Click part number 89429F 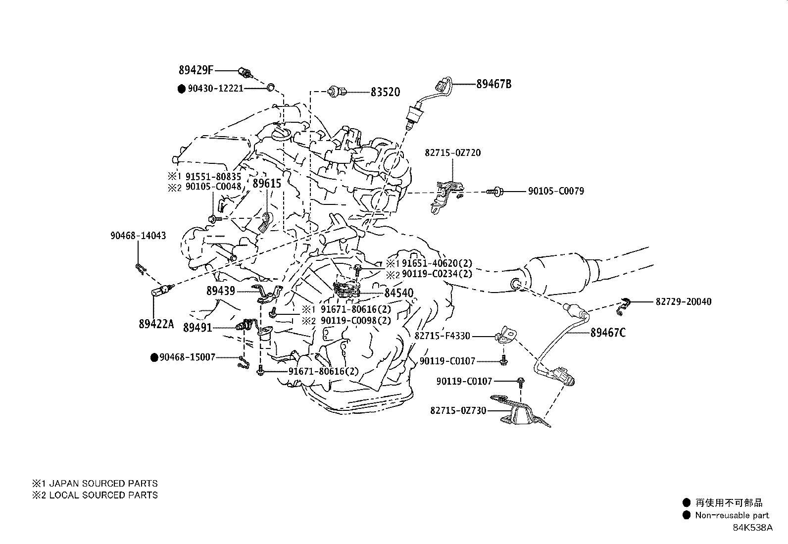pos(197,70)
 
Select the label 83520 pos(385,92)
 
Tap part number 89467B pos(493,84)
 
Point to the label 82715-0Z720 pos(452,153)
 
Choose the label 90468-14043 pos(138,236)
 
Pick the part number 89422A pos(156,324)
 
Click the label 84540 pos(398,294)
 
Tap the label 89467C pos(607,333)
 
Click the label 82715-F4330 pos(442,336)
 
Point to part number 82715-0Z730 pos(458,410)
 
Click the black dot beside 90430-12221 pos(181,89)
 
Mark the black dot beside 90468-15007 pos(154,357)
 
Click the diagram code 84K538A pos(752,528)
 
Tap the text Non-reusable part pos(732,515)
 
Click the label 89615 pos(267,184)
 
